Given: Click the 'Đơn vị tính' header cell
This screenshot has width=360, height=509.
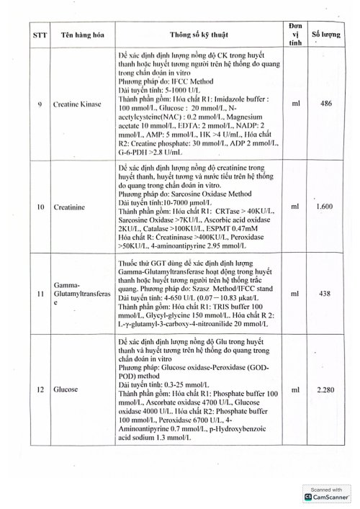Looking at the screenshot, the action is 295,33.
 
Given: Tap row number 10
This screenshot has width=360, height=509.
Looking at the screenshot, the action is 39,206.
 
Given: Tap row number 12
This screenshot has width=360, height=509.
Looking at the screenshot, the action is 39,389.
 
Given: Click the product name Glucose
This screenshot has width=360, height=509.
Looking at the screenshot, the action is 65,389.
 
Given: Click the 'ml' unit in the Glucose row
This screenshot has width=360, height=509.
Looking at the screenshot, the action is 295,389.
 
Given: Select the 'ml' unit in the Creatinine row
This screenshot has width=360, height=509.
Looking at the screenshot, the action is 295,206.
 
